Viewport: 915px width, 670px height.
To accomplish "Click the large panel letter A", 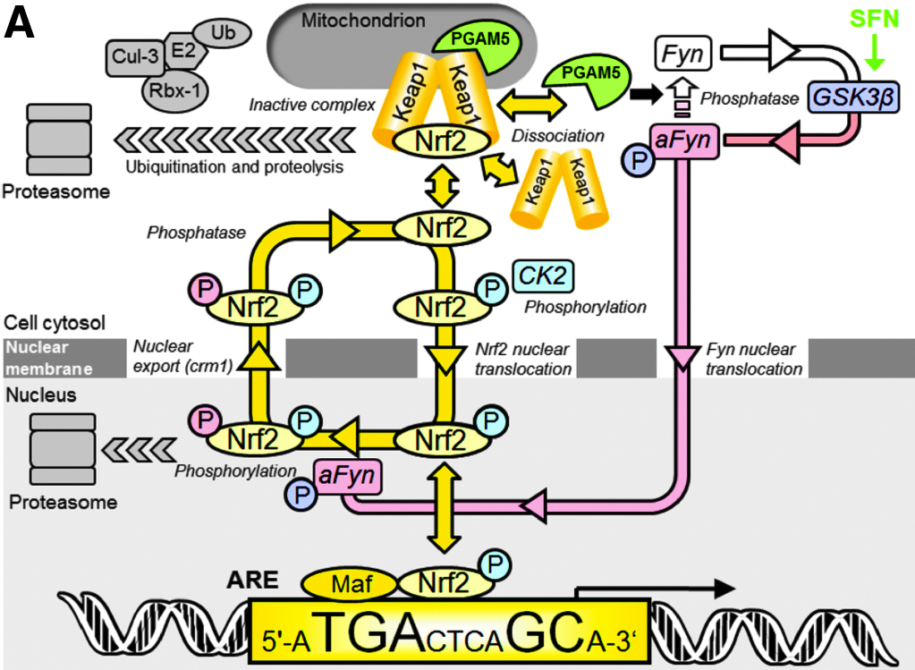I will point(21,25).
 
